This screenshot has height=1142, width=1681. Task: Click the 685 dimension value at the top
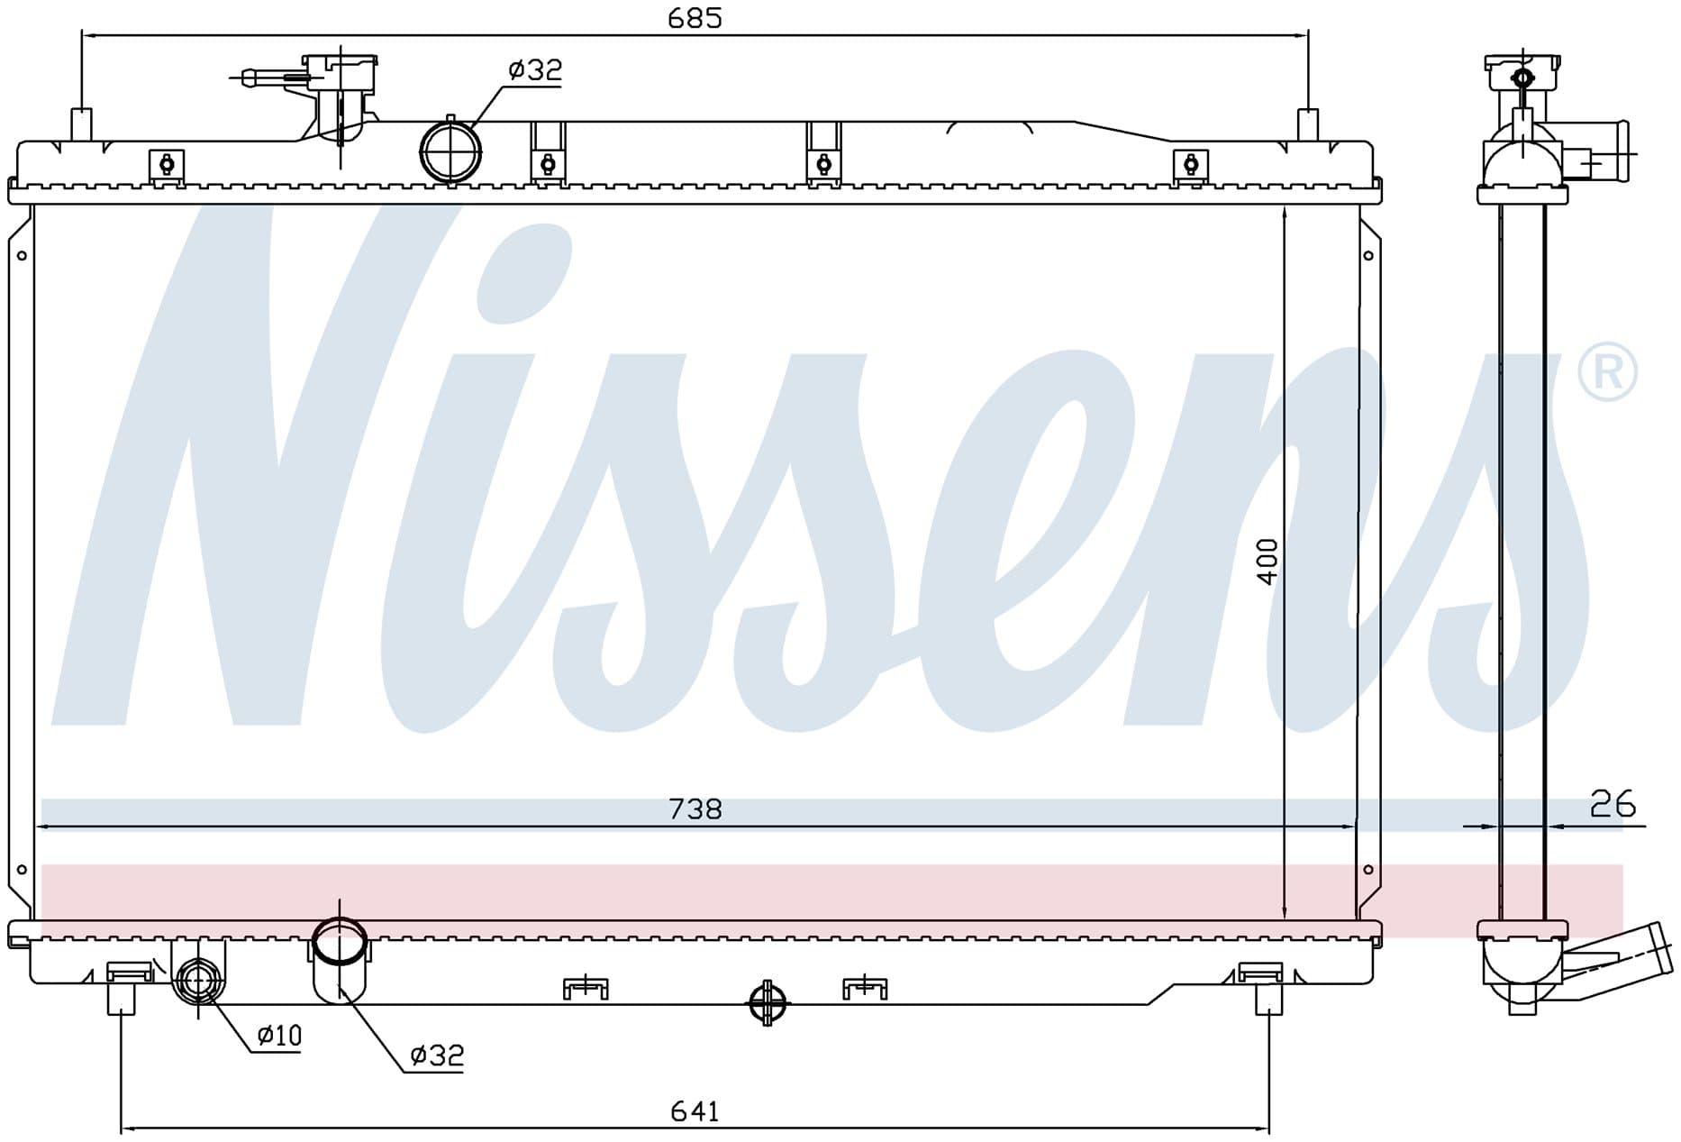pyautogui.click(x=695, y=17)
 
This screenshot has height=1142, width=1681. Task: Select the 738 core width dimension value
pyautogui.click(x=695, y=809)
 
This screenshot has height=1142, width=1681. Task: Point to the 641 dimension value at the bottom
pyautogui.click(x=695, y=1111)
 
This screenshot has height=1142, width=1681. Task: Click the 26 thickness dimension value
pyautogui.click(x=1613, y=803)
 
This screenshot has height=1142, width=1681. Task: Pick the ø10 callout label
pyautogui.click(x=279, y=1036)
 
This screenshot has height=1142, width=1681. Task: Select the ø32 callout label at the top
pyautogui.click(x=535, y=69)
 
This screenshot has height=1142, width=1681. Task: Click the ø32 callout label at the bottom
pyautogui.click(x=437, y=1055)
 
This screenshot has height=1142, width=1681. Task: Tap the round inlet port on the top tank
pyautogui.click(x=450, y=151)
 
